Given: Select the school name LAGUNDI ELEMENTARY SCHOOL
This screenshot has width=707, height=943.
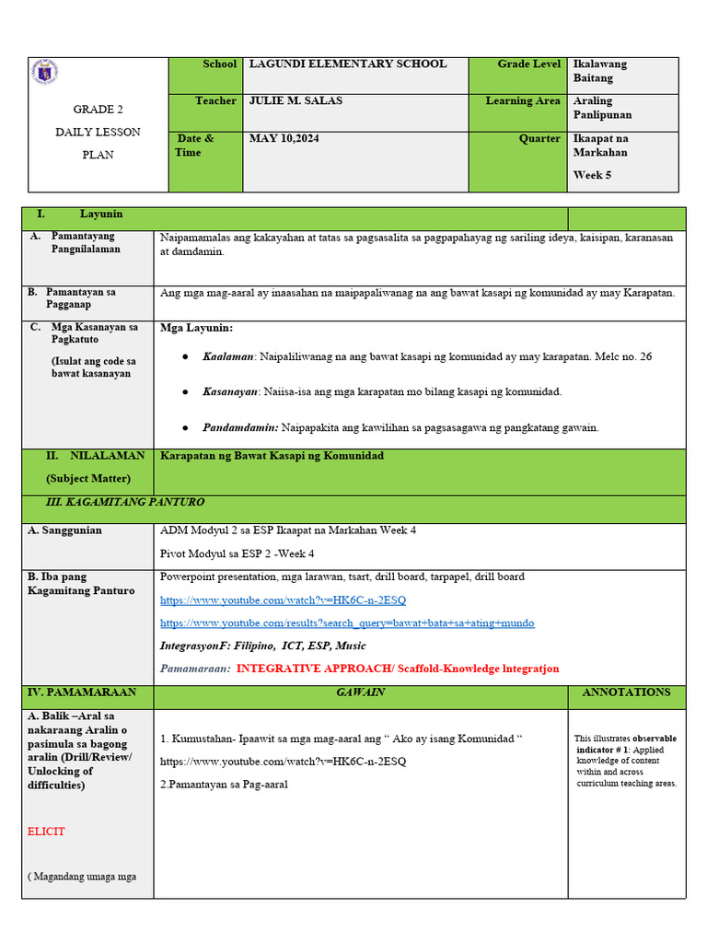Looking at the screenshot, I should click(x=347, y=64).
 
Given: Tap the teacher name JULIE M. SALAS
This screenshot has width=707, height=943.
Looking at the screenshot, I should click(x=295, y=101).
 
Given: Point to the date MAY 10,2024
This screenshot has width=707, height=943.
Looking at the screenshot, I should click(x=284, y=139).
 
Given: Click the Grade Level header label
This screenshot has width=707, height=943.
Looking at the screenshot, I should click(x=528, y=64).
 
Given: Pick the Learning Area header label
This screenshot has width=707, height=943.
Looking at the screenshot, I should click(x=522, y=101).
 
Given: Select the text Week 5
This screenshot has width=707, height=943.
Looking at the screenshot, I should click(x=592, y=175).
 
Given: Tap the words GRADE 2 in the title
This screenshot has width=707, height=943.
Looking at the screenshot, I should click(x=99, y=110).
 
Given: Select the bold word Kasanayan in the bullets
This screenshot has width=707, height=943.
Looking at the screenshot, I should click(x=230, y=392).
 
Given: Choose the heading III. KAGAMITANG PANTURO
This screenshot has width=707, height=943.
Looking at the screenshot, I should click(x=124, y=503).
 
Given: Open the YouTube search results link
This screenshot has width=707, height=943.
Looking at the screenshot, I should click(x=346, y=623).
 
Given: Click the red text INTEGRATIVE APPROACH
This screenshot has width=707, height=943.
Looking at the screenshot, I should click(x=314, y=669).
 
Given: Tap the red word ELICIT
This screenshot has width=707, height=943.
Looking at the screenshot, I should click(x=46, y=832).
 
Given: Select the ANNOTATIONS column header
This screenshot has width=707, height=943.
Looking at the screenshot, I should click(x=626, y=693).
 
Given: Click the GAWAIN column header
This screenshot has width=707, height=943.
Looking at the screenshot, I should click(x=360, y=693).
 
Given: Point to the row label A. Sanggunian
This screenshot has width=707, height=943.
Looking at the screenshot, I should click(x=64, y=531).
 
